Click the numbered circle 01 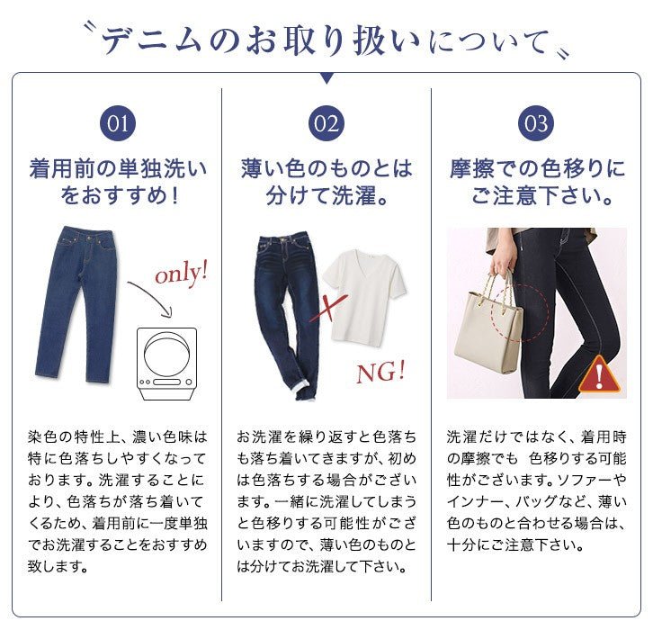point(118,123)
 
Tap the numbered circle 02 point(326,123)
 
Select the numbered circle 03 point(536,123)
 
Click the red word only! point(181,274)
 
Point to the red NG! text point(380,372)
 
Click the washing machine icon point(167,364)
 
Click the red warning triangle point(599,375)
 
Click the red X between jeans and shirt point(327,309)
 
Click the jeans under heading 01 point(75,304)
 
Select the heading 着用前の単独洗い point(118,169)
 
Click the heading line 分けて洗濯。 point(326,195)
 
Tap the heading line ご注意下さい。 point(541,195)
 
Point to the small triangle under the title point(326,78)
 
